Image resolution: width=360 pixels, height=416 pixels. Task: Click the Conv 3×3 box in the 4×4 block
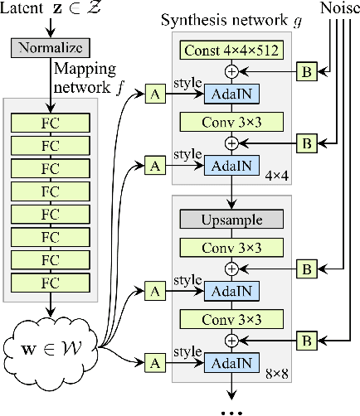[x=231, y=122]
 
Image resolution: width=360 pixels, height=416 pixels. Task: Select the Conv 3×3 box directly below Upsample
[x=231, y=246]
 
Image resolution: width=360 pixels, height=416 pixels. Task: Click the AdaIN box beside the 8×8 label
[x=231, y=361]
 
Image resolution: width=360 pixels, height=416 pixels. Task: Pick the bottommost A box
[x=153, y=361]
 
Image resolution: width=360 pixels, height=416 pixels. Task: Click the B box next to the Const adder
[x=305, y=73]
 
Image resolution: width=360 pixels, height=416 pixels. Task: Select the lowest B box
[x=305, y=339]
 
